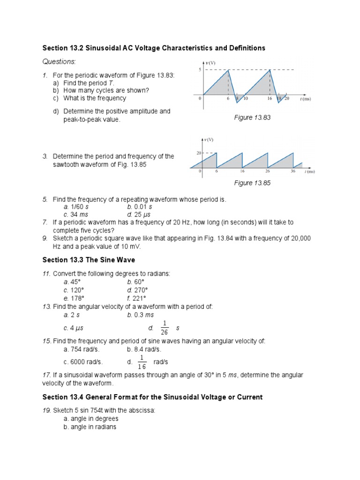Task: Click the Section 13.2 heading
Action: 154,48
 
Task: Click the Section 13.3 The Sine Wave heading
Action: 89,260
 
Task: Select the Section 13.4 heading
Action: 152,397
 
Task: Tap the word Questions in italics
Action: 59,62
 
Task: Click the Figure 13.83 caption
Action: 252,118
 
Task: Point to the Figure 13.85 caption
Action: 252,183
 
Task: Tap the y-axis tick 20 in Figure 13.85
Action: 199,153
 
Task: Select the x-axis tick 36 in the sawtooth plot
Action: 292,172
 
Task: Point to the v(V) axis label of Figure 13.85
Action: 208,139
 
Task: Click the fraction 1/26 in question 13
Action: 164,328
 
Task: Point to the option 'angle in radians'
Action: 91,427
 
